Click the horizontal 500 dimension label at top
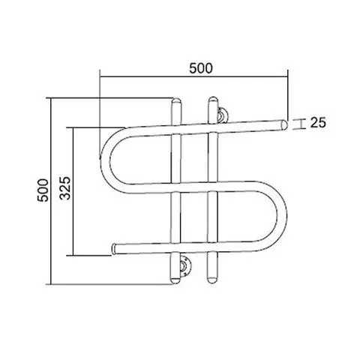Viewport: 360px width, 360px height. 201,68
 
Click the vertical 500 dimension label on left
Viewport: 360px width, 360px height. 43,190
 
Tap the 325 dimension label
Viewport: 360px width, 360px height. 65,188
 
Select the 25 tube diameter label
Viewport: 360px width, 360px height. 318,123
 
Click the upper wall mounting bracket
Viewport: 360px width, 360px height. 222,115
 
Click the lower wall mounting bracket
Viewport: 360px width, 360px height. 185,266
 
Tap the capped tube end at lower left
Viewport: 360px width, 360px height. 115,249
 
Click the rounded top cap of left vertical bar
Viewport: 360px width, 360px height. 176,102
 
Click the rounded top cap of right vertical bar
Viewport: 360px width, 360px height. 213,100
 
